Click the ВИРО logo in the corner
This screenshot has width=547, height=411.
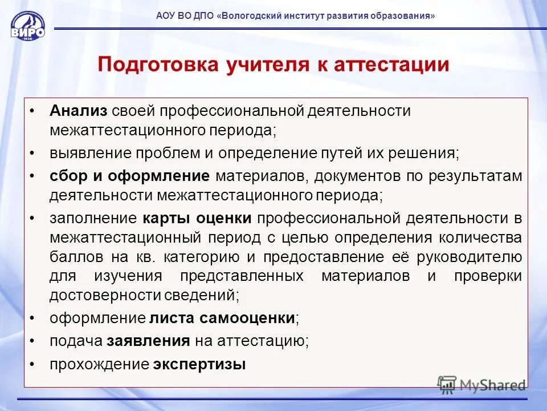tap(27, 26)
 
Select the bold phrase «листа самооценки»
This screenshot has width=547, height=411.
tap(222, 318)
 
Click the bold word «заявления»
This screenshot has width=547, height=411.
tap(148, 341)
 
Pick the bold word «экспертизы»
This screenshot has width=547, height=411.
tap(199, 364)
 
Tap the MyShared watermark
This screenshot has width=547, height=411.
tap(483, 385)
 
